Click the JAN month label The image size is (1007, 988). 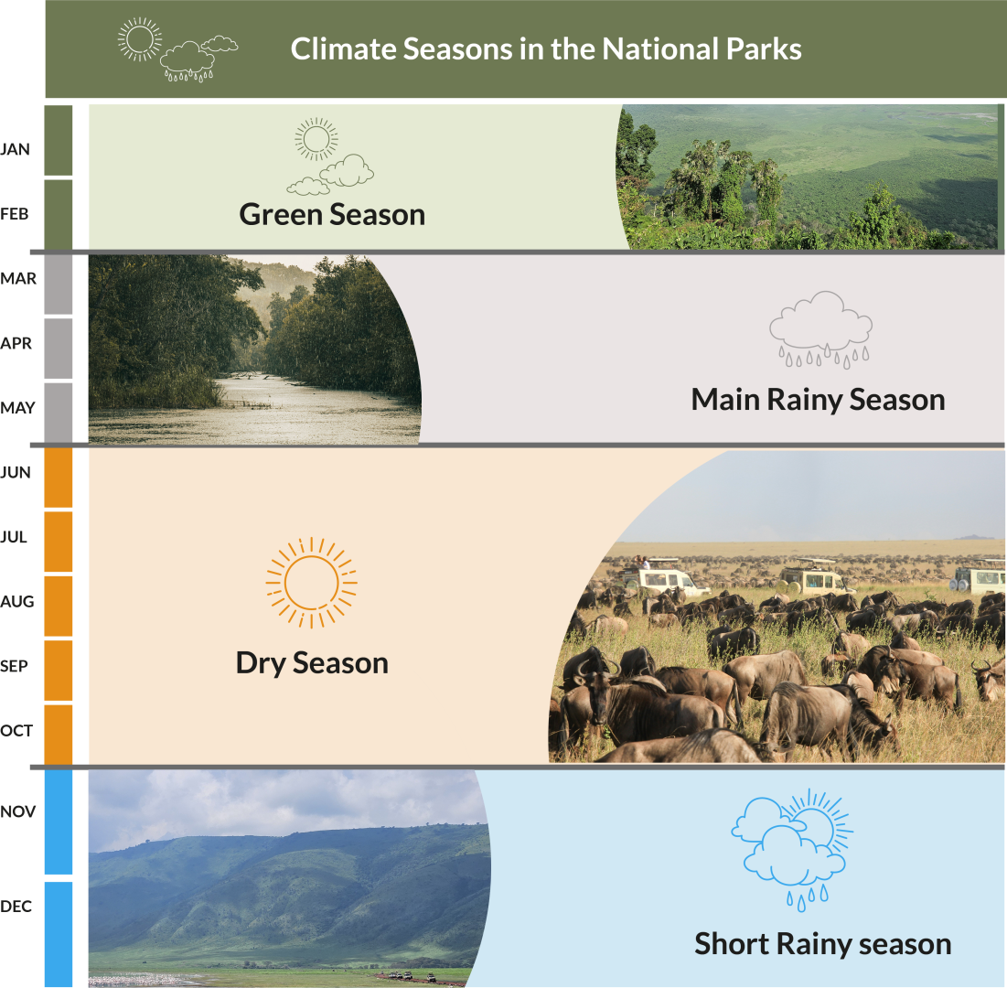click(15, 149)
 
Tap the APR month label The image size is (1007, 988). click(16, 343)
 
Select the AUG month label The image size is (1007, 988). click(17, 601)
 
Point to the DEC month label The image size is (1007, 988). click(16, 906)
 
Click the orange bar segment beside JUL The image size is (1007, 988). click(59, 542)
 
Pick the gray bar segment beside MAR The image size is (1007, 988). click(59, 285)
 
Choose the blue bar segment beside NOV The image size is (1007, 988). click(59, 822)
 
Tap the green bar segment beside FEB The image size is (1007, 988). click(59, 215)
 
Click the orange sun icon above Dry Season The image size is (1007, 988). click(312, 583)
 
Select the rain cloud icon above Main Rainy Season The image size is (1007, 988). click(820, 329)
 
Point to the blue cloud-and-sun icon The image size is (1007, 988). click(792, 849)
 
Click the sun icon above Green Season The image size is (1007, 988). click(316, 139)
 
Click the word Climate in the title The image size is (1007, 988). click(343, 48)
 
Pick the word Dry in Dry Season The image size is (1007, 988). click(260, 663)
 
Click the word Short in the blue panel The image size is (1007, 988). click(732, 944)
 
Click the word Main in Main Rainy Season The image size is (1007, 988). click(725, 399)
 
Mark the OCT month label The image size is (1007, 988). click(16, 730)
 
